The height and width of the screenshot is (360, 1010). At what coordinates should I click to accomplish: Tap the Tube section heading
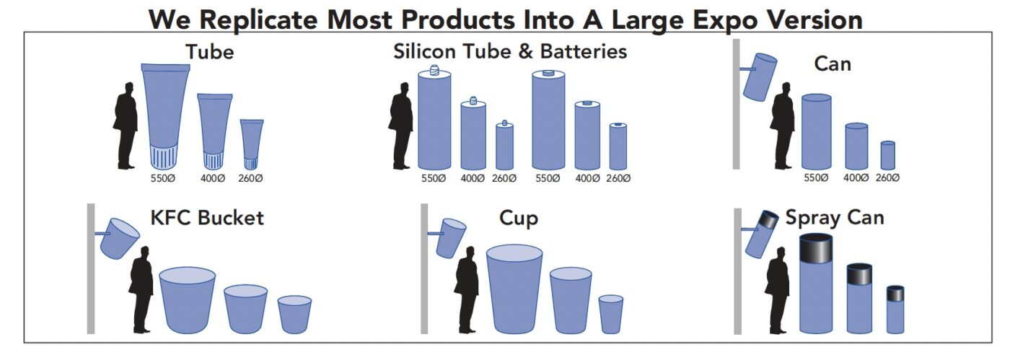(x=210, y=52)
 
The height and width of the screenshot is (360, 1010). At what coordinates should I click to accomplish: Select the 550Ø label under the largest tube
(x=162, y=178)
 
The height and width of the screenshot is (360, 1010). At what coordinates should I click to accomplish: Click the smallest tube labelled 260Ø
(x=252, y=144)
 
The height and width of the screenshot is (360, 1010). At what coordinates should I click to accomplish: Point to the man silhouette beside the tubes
(x=126, y=126)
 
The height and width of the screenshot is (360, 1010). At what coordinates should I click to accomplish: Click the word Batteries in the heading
(x=584, y=51)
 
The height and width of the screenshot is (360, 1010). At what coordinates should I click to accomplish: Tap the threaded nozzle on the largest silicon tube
(x=434, y=70)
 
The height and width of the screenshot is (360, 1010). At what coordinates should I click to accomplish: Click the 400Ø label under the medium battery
(x=587, y=178)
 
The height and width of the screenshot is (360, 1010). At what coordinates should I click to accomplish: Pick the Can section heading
(x=833, y=64)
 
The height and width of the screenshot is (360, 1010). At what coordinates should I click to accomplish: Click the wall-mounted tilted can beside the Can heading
(x=759, y=76)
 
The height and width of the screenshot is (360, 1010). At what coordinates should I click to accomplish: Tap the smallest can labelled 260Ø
(x=888, y=156)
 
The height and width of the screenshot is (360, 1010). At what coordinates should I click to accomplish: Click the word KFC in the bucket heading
(x=171, y=218)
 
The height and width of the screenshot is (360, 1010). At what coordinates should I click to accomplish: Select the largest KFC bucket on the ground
(x=187, y=300)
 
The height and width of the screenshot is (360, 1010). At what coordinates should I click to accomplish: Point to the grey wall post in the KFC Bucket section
(x=91, y=269)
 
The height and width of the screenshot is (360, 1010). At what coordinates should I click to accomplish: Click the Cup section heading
(x=519, y=219)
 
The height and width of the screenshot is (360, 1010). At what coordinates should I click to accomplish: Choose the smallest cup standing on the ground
(x=611, y=315)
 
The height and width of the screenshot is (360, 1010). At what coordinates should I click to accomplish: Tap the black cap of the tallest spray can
(x=816, y=248)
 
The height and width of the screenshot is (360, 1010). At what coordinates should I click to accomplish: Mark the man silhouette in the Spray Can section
(x=778, y=291)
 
